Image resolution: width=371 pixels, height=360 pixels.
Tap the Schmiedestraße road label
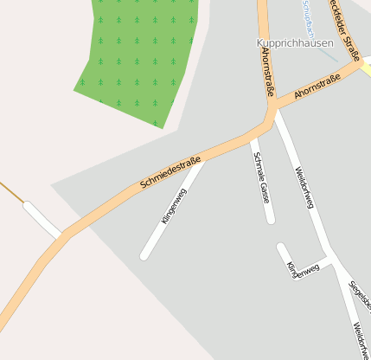(x=170, y=172)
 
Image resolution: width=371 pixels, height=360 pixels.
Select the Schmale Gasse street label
(x=260, y=177)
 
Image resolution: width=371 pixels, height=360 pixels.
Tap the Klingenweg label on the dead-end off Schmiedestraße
(x=173, y=207)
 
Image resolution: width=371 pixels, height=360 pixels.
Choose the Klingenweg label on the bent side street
(x=303, y=270)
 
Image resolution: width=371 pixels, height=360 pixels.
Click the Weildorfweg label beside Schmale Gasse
(x=304, y=187)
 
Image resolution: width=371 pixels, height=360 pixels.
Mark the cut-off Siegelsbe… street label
(x=360, y=293)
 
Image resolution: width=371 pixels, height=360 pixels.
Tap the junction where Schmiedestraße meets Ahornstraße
(x=271, y=113)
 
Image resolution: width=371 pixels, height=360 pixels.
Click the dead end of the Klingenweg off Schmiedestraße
(x=145, y=255)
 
